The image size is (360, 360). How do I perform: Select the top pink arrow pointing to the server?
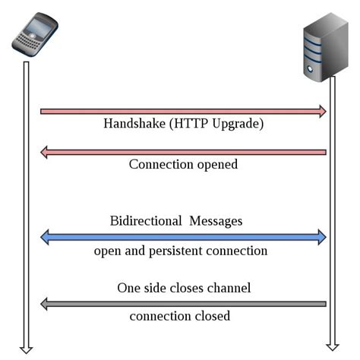point(182,112)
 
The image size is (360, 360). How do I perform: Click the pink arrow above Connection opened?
point(182,153)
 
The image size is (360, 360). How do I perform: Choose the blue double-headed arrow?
point(182,238)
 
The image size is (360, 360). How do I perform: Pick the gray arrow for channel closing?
point(182,304)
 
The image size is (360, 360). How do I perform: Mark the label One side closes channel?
point(184,288)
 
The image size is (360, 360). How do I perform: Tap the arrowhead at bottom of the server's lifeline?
point(332,347)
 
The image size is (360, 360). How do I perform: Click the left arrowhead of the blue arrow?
point(45,238)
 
